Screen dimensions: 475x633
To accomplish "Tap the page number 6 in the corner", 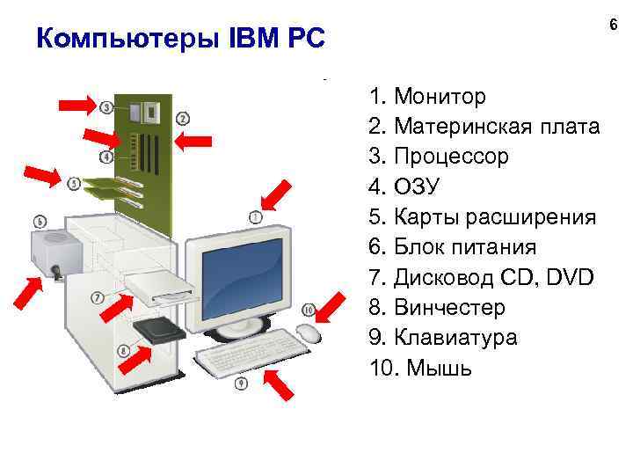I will point(613,29).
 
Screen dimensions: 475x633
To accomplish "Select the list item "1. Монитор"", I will point(427,95).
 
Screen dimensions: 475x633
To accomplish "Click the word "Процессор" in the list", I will point(452,157).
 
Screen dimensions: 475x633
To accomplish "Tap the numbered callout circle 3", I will point(106,107).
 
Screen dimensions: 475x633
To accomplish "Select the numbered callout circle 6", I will point(39,220).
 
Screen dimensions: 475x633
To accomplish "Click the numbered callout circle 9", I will point(241,383).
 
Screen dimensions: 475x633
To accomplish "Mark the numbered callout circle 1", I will point(256,216).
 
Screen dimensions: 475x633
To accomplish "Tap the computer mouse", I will point(308,332).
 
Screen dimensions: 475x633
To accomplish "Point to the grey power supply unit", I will point(58,252).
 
